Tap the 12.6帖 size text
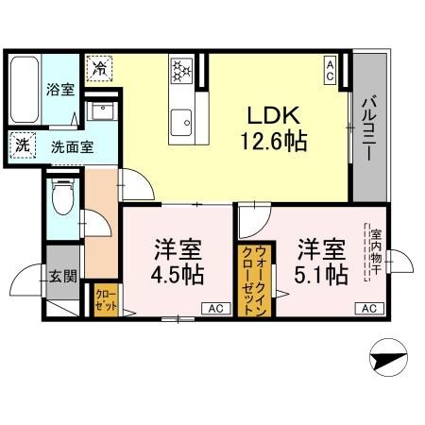[x=274, y=142]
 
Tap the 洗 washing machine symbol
[x=20, y=146]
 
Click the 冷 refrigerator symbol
[x=98, y=69]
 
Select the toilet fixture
[x=63, y=199]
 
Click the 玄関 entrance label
[x=62, y=277]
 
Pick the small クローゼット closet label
[x=105, y=300]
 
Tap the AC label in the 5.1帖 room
[x=369, y=308]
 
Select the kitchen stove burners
[x=180, y=70]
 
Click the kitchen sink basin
[x=180, y=118]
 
